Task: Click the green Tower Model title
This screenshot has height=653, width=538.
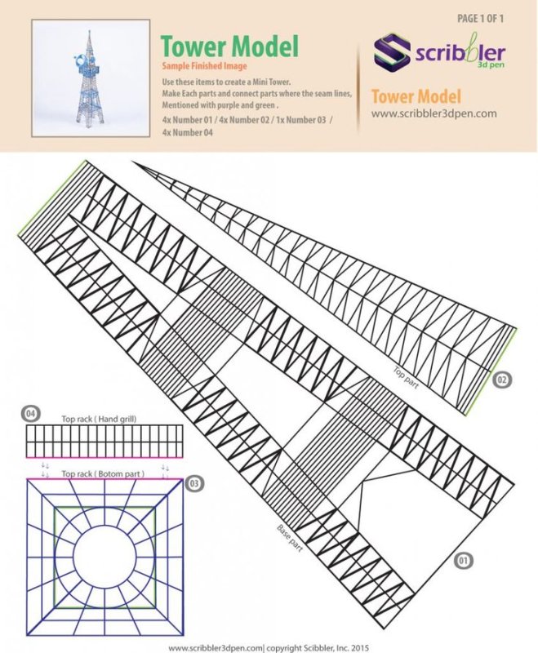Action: [x=229, y=46]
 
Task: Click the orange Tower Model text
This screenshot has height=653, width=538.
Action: [x=416, y=96]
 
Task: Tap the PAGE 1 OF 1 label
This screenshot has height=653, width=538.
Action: [x=480, y=18]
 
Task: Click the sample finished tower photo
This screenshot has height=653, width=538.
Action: [x=91, y=78]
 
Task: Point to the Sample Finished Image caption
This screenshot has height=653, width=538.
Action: [x=204, y=66]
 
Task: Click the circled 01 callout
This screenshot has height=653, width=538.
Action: [x=463, y=561]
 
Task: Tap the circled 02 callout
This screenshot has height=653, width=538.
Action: [x=501, y=380]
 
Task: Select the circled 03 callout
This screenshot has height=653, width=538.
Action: [x=194, y=483]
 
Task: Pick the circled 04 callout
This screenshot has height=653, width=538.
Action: [x=30, y=414]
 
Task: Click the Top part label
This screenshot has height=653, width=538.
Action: [x=406, y=378]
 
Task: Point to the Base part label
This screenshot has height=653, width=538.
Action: [x=290, y=539]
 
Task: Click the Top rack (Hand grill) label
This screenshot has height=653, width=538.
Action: [x=99, y=419]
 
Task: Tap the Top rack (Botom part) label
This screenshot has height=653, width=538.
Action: [x=103, y=474]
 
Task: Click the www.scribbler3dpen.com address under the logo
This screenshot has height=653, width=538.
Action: [x=434, y=113]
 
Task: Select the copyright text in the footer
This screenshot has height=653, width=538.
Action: [x=318, y=648]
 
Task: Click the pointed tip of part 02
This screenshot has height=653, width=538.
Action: [x=133, y=162]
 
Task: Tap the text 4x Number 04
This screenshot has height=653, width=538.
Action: [x=187, y=132]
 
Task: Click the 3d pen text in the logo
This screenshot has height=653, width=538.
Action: [x=490, y=64]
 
